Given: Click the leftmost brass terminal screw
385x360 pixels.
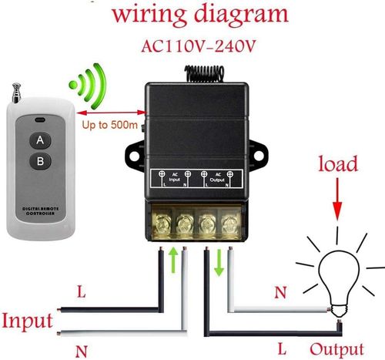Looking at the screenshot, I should pyautogui.click(x=164, y=224).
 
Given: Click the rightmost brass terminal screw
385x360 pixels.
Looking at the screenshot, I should pyautogui.click(x=229, y=224).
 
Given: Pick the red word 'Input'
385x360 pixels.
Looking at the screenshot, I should pyautogui.click(x=27, y=320).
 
